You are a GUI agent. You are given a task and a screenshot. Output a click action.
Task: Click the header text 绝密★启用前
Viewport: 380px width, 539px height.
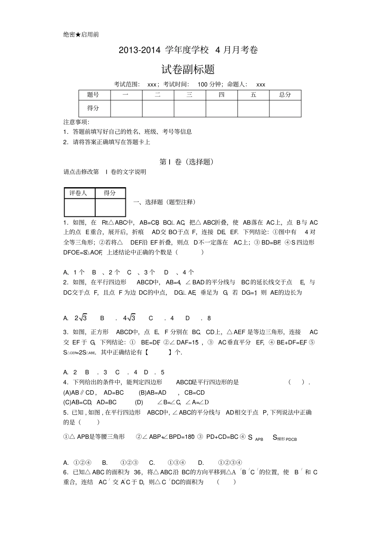(81, 34)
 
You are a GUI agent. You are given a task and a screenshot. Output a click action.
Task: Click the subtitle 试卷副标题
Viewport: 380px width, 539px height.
(188, 69)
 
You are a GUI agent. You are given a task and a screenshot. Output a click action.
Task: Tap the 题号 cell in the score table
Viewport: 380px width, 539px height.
(93, 95)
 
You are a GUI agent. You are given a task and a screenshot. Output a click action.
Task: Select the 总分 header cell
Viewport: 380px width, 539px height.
(285, 95)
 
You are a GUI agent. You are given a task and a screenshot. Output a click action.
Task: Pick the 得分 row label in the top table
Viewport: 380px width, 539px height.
(93, 108)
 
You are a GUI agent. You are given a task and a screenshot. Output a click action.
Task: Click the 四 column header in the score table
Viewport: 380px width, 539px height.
(221, 95)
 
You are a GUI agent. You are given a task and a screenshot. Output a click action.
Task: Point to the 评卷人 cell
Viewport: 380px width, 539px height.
(78, 193)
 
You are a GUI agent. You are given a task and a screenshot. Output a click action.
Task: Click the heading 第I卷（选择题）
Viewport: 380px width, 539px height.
(186, 162)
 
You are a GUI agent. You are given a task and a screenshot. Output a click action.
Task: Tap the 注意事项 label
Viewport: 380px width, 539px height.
(76, 122)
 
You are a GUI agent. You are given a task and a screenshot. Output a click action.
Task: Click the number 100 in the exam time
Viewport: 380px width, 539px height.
(203, 85)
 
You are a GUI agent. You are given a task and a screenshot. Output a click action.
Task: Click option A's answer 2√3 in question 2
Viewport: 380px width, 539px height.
(81, 318)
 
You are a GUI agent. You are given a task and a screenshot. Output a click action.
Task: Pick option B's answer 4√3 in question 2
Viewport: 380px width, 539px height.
(129, 318)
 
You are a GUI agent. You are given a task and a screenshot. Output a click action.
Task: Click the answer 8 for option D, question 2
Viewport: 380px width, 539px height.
(209, 318)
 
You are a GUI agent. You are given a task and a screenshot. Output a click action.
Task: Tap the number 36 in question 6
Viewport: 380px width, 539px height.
(138, 472)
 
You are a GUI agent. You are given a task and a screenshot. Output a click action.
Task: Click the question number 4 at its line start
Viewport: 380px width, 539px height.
(65, 382)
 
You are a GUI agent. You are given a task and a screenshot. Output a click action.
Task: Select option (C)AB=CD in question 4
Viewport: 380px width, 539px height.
(78, 402)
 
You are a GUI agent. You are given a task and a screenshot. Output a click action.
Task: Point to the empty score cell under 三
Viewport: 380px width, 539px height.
(190, 108)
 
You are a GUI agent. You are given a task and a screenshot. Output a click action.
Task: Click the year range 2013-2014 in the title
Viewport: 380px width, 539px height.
(139, 50)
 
